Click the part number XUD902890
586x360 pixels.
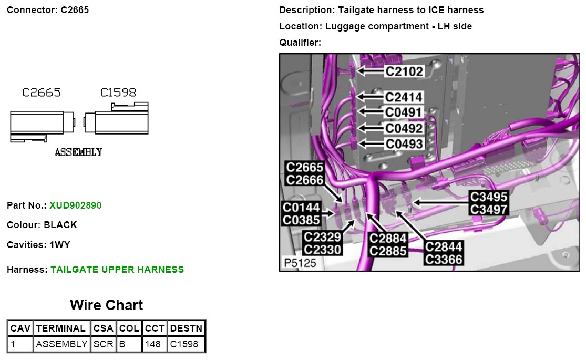75,205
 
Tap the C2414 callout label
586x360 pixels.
404,97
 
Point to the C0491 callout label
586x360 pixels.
404,112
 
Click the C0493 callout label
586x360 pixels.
404,143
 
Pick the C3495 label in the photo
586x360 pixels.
489,197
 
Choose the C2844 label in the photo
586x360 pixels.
444,247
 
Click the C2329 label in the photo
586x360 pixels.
323,238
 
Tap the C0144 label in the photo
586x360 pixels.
301,208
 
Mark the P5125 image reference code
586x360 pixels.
300,263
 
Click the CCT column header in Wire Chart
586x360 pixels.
155,328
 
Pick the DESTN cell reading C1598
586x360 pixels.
186,344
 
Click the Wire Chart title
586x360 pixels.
106,305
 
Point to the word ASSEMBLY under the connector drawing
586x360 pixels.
78,152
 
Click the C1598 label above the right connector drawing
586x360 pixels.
118,93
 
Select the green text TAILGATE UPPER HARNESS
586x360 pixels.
117,270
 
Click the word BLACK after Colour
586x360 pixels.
60,225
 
